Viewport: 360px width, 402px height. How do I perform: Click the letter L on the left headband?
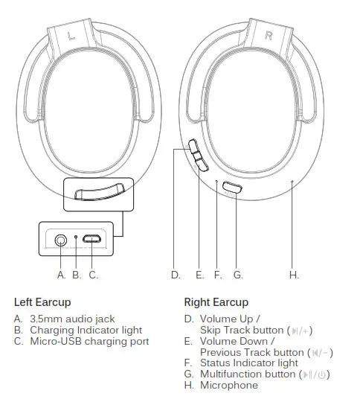pyautogui.click(x=71, y=36)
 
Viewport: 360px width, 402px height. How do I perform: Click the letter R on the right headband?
pyautogui.click(x=269, y=36)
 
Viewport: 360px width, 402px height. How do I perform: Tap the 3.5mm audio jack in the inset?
pyautogui.click(x=60, y=240)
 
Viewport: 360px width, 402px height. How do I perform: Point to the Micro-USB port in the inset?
pyautogui.click(x=92, y=240)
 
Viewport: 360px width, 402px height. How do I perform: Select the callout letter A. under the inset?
pyautogui.click(x=62, y=275)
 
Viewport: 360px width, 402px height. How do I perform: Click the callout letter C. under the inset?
pyautogui.click(x=93, y=275)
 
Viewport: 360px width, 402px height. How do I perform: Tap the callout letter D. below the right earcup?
pyautogui.click(x=176, y=275)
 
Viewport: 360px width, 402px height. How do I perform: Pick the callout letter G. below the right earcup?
pyautogui.click(x=238, y=275)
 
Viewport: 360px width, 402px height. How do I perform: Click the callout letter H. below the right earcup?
pyautogui.click(x=294, y=275)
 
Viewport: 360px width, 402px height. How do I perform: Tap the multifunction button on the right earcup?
pyautogui.click(x=233, y=188)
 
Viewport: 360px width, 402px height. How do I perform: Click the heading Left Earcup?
pyautogui.click(x=42, y=302)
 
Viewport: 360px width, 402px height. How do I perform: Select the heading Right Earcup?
pyautogui.click(x=216, y=302)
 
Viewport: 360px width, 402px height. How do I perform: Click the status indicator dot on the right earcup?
pyautogui.click(x=216, y=181)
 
